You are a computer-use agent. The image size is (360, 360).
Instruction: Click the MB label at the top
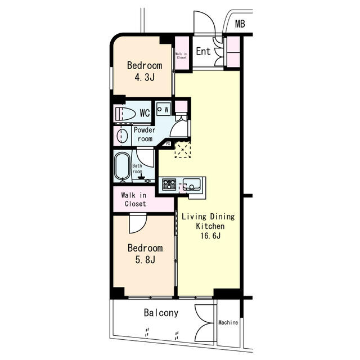coord(240,24)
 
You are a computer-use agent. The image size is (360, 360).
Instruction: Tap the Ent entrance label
coord(203,51)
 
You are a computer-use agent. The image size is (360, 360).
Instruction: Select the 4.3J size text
coord(145,77)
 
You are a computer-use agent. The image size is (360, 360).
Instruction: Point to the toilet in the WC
coord(125,113)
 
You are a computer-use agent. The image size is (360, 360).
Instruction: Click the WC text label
coord(145,113)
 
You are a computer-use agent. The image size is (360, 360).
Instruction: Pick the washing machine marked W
coord(164,109)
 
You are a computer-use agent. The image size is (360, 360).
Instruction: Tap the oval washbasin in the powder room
coord(122,136)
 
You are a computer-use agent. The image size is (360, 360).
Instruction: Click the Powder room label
coord(145,134)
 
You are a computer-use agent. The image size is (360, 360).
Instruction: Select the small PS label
coord(168,144)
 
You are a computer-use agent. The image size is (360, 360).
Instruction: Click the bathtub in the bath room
coord(123,166)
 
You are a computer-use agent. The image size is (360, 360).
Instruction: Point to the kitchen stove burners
coord(169,184)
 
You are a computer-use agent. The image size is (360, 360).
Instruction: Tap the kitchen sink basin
coord(192,184)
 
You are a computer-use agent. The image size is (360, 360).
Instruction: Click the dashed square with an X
coord(183,150)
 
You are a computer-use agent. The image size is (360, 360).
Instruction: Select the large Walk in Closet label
coord(134,200)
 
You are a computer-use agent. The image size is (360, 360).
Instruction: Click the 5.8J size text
coord(145,260)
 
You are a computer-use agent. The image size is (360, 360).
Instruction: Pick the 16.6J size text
coord(210,236)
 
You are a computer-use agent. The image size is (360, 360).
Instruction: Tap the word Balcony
coord(161,313)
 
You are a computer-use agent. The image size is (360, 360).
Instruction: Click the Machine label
coord(228,322)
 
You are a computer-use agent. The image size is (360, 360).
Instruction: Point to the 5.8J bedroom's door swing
coord(138,223)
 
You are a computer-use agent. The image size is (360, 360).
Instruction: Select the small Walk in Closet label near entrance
coord(181,56)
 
